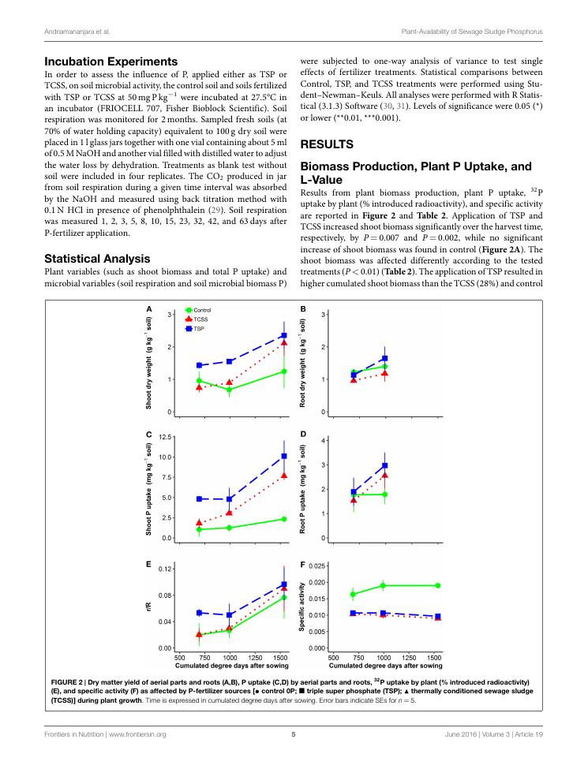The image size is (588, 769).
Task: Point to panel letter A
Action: (148, 308)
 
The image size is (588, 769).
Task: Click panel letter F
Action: (303, 566)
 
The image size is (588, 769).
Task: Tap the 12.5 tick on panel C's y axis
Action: (165, 437)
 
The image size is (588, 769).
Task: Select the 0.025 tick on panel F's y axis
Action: (316, 566)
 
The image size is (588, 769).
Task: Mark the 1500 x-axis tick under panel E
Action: (279, 656)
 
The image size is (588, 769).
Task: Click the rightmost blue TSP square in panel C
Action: (284, 456)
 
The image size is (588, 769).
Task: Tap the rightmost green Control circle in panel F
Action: (438, 585)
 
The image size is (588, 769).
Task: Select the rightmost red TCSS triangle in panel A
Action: (283, 342)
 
